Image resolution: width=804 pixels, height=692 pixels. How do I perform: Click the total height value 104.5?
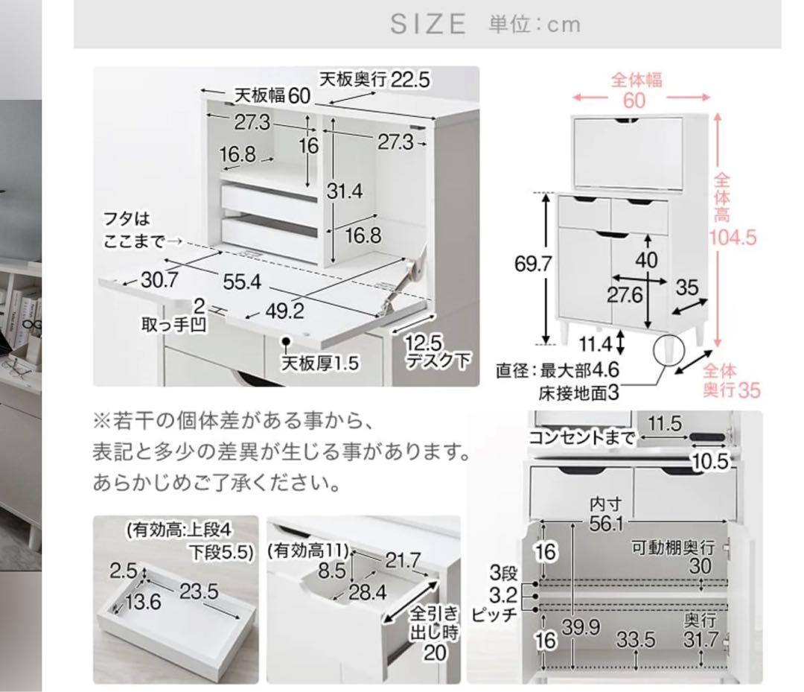tap(733, 238)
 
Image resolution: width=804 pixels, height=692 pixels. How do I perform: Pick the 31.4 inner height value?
tap(345, 191)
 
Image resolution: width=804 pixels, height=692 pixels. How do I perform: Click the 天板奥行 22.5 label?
tap(375, 80)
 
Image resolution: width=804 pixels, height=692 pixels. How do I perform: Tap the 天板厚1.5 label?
tap(319, 364)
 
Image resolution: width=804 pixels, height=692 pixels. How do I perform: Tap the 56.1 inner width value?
tap(606, 524)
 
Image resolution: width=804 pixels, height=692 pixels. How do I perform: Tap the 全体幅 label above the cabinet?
tap(637, 80)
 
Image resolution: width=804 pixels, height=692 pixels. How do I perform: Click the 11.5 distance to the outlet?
tap(664, 425)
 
